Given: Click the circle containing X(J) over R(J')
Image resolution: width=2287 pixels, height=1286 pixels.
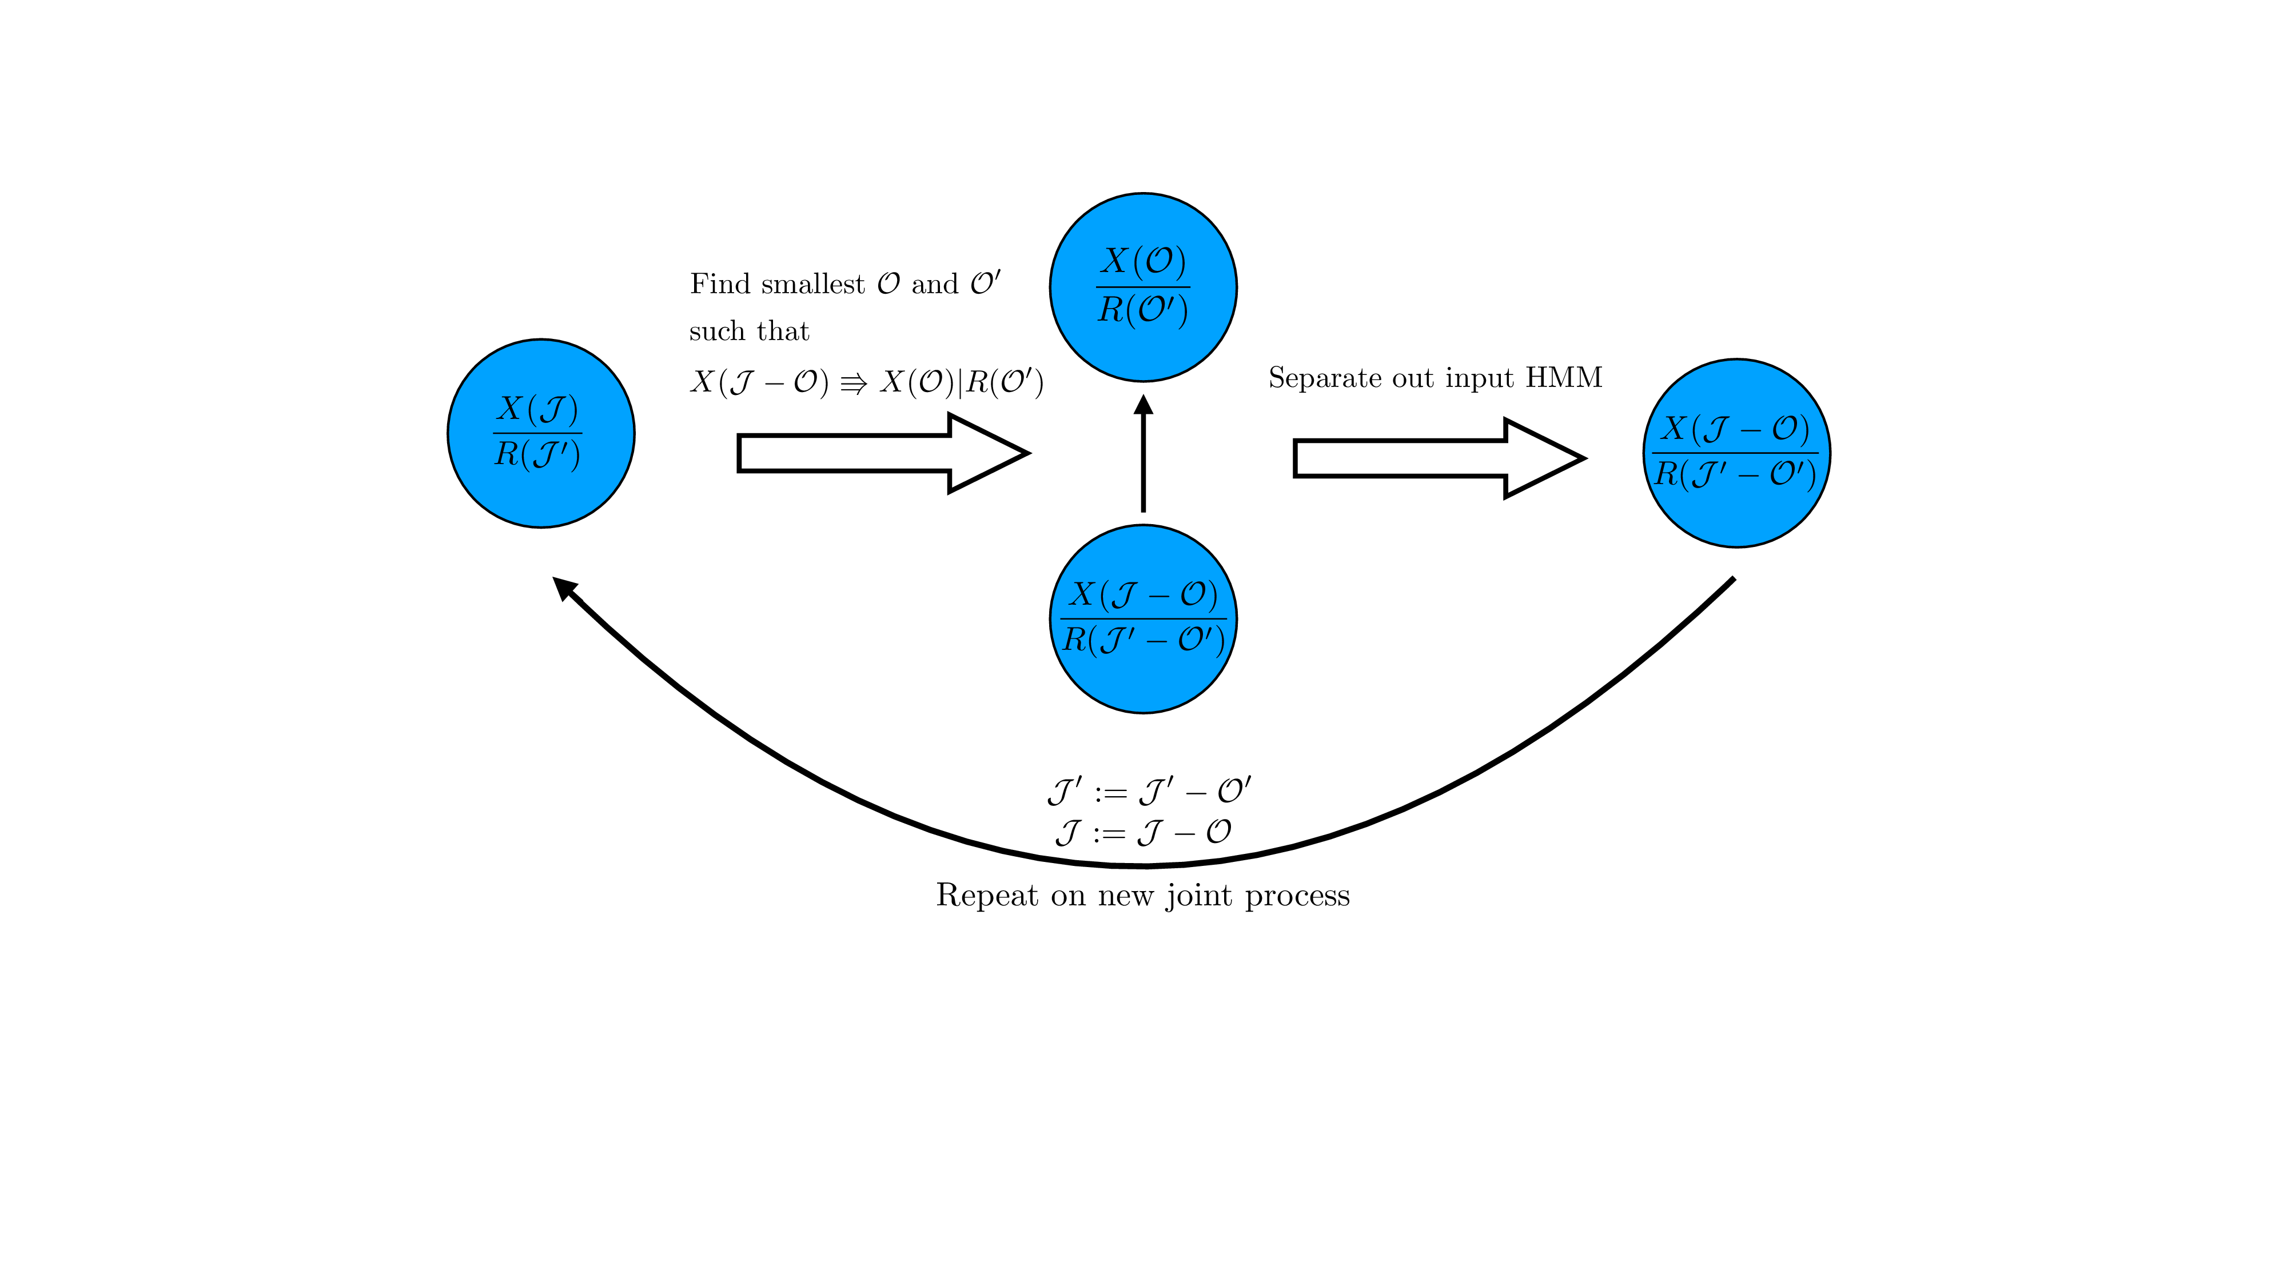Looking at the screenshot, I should tap(541, 433).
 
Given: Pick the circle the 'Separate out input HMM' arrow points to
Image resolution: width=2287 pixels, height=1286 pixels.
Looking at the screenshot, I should tap(1736, 453).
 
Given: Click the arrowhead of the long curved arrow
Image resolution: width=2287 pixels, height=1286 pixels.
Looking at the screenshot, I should tap(564, 588).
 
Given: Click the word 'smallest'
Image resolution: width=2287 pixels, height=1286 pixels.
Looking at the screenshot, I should tap(812, 284).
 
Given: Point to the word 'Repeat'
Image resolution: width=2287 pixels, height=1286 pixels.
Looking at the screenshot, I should tap(986, 894).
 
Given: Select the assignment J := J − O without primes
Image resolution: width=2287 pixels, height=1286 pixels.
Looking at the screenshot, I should tap(1143, 833).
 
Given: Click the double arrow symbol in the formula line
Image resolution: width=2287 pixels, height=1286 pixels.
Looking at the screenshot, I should tap(853, 384).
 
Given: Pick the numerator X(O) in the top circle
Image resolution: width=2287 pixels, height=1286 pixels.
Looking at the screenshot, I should tap(1143, 261).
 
